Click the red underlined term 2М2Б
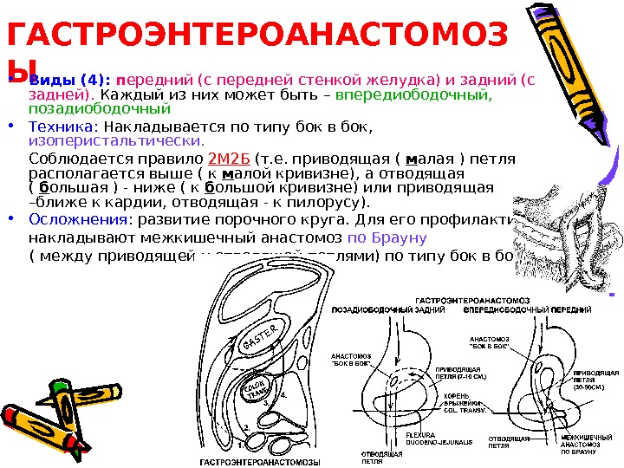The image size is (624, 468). coord(230,160)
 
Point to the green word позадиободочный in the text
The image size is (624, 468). coord(99,110)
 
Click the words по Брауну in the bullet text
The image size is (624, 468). coord(387,237)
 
